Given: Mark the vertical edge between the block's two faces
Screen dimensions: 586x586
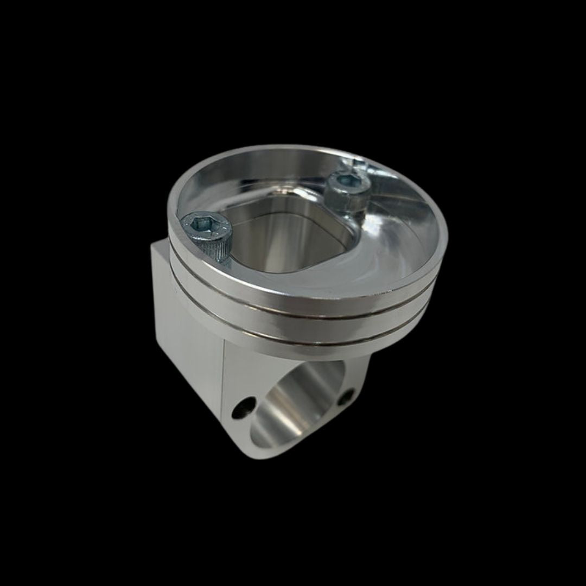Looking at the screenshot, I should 223,391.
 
